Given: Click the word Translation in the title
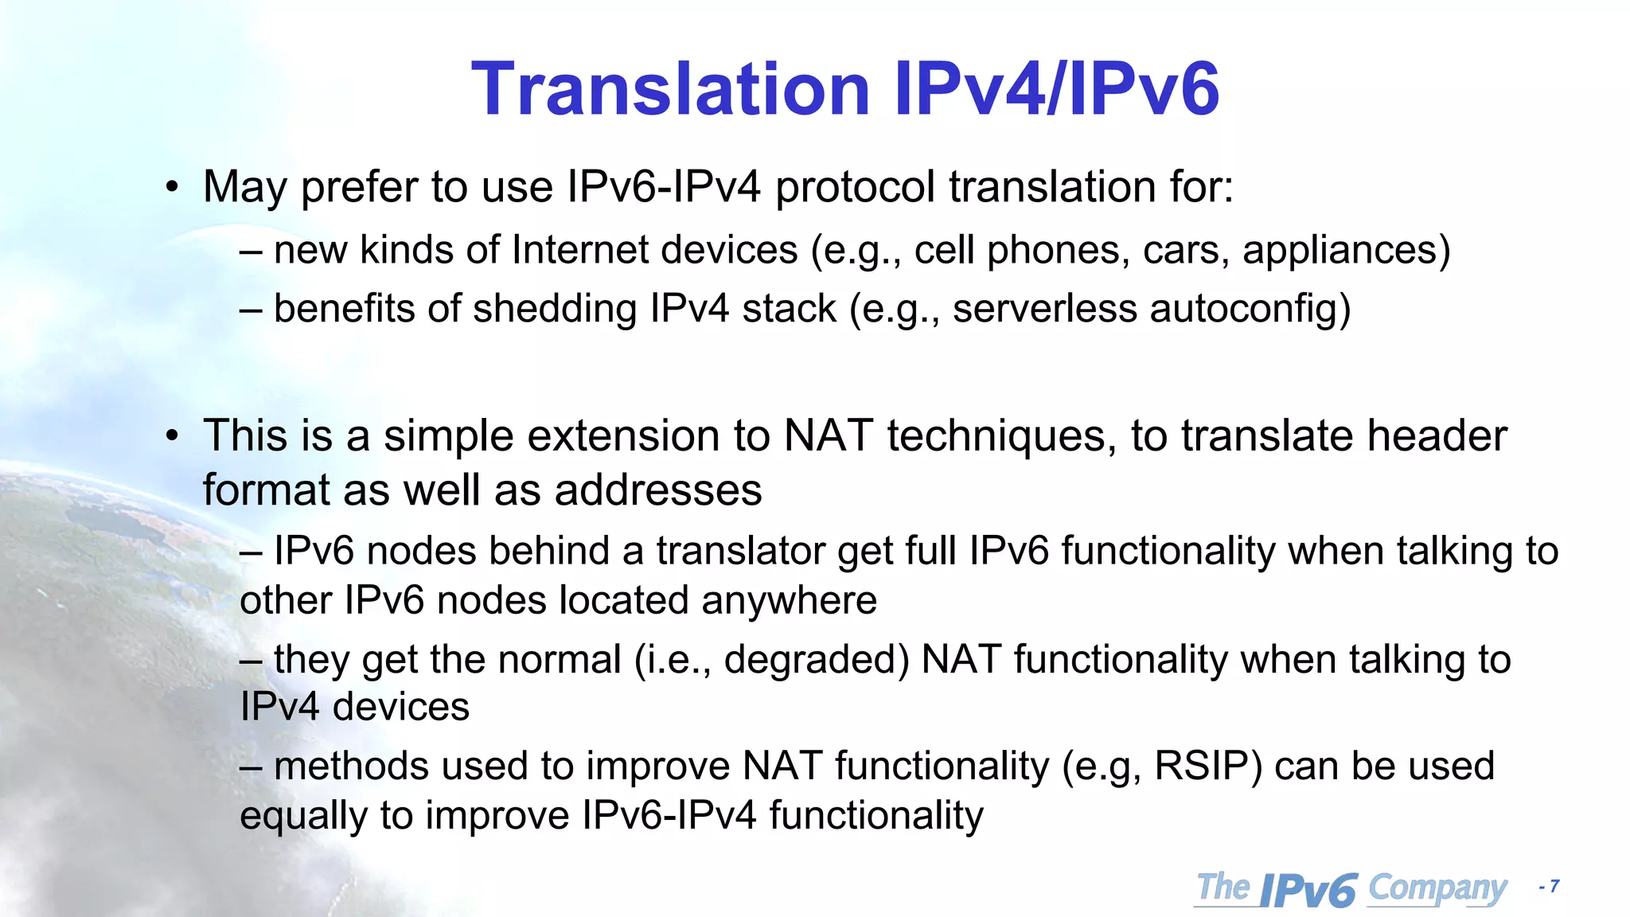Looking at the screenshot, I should [671, 89].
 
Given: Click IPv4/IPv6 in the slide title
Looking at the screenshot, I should [1056, 89].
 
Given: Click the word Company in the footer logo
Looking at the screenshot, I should [1437, 889].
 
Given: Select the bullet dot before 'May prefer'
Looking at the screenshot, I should [172, 189].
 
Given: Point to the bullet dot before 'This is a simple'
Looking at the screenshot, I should [172, 437].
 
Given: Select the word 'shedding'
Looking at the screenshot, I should [555, 309].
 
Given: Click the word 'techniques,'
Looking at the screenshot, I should [1003, 436].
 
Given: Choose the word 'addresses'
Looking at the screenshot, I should [658, 490].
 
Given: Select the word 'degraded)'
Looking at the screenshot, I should [817, 660].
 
